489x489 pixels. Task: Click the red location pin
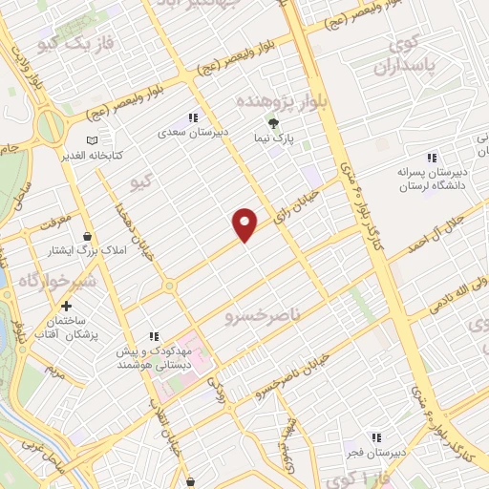245,224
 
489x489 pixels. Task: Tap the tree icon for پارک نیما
274,123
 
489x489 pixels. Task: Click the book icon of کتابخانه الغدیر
92,140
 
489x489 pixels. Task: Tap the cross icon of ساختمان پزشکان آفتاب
66,308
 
